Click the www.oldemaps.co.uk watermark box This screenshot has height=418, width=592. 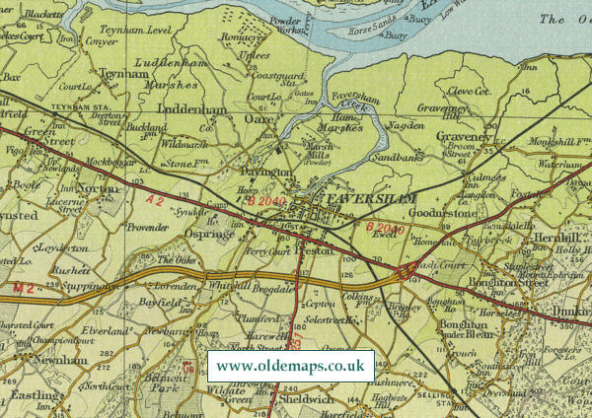click(x=291, y=366)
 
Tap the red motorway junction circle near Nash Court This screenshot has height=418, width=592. click(x=404, y=271)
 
